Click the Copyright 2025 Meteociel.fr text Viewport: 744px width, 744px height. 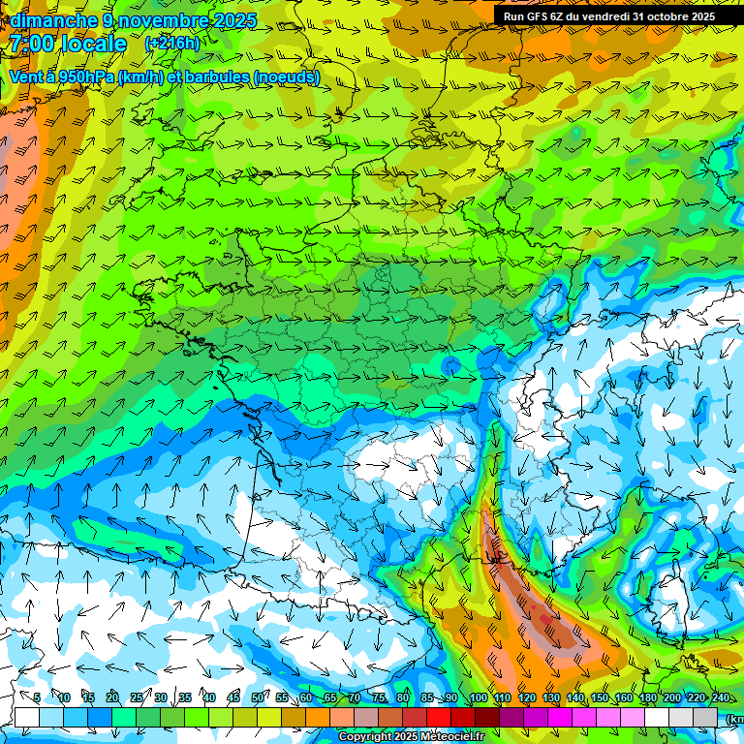(412, 737)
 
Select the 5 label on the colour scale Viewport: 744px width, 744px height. (37, 697)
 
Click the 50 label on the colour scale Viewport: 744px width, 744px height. (258, 697)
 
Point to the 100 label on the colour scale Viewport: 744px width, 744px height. (478, 697)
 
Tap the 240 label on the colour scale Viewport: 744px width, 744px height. (720, 697)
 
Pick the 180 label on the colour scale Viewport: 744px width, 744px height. (647, 697)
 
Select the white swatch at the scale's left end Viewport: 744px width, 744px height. (27, 717)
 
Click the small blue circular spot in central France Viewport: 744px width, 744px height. (450, 365)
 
